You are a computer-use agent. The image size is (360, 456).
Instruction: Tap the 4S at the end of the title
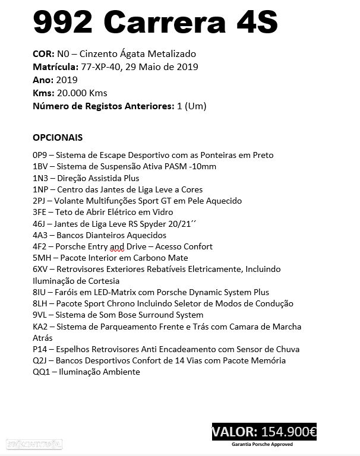(256, 23)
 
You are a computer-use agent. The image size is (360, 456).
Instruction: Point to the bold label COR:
(43, 54)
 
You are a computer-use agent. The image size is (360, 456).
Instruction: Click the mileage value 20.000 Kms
(80, 93)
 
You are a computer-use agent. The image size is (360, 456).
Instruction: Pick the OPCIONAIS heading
(58, 137)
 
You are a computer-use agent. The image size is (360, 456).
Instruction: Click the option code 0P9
(41, 155)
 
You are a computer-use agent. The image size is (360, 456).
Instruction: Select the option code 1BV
(41, 167)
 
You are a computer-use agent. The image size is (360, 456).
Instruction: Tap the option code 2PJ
(40, 201)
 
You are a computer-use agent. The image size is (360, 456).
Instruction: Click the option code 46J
(40, 224)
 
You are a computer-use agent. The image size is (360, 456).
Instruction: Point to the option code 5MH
(43, 258)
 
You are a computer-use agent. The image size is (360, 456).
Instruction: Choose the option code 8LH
(41, 303)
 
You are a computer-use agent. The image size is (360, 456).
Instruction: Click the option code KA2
(41, 327)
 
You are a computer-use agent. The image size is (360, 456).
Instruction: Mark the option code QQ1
(42, 372)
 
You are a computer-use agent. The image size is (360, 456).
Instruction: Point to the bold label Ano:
(43, 80)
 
